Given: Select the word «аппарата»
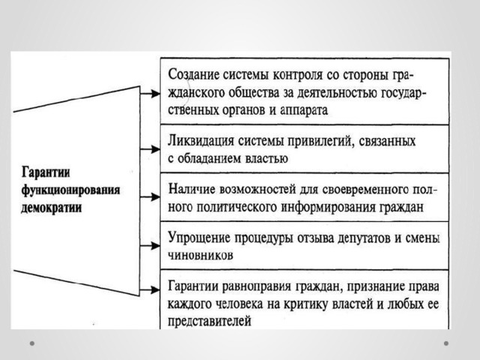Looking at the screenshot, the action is click(x=304, y=110).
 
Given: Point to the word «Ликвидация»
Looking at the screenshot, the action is click(x=201, y=141).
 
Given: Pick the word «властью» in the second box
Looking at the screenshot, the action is click(x=267, y=159).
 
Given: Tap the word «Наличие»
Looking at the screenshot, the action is click(x=192, y=190).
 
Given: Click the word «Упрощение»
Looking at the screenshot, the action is click(x=199, y=238).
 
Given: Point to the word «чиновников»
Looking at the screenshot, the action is click(x=200, y=255).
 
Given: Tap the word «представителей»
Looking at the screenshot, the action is click(x=210, y=322).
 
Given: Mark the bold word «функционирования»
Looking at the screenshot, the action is click(x=70, y=190).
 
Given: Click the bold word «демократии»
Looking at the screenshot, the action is click(x=52, y=208).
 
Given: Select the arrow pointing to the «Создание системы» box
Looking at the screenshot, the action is click(x=150, y=94).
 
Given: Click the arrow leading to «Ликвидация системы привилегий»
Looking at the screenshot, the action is click(x=150, y=149).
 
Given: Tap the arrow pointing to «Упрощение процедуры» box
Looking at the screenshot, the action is click(x=150, y=245).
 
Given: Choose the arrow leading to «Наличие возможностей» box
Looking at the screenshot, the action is click(x=150, y=197).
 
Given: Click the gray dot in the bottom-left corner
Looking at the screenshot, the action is click(x=32, y=343).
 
